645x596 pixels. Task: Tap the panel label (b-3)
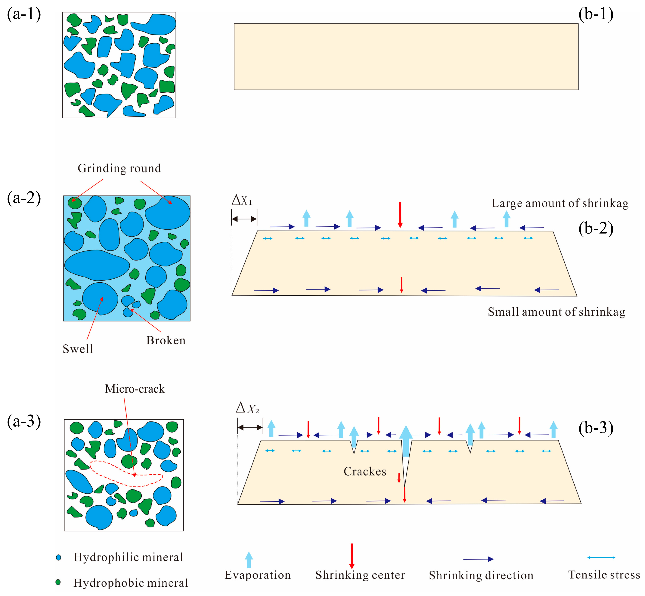click(596, 428)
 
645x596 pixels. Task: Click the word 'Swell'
click(78, 349)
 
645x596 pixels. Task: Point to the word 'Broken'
click(166, 341)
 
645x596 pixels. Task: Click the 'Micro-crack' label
click(135, 389)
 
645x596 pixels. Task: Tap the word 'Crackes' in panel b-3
click(365, 471)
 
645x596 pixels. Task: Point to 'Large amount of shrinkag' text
click(560, 203)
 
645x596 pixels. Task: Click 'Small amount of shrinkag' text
click(556, 312)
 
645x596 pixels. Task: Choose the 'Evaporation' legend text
click(258, 575)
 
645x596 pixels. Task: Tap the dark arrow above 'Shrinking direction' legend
click(478, 559)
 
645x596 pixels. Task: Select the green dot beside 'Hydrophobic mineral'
click(58, 582)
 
